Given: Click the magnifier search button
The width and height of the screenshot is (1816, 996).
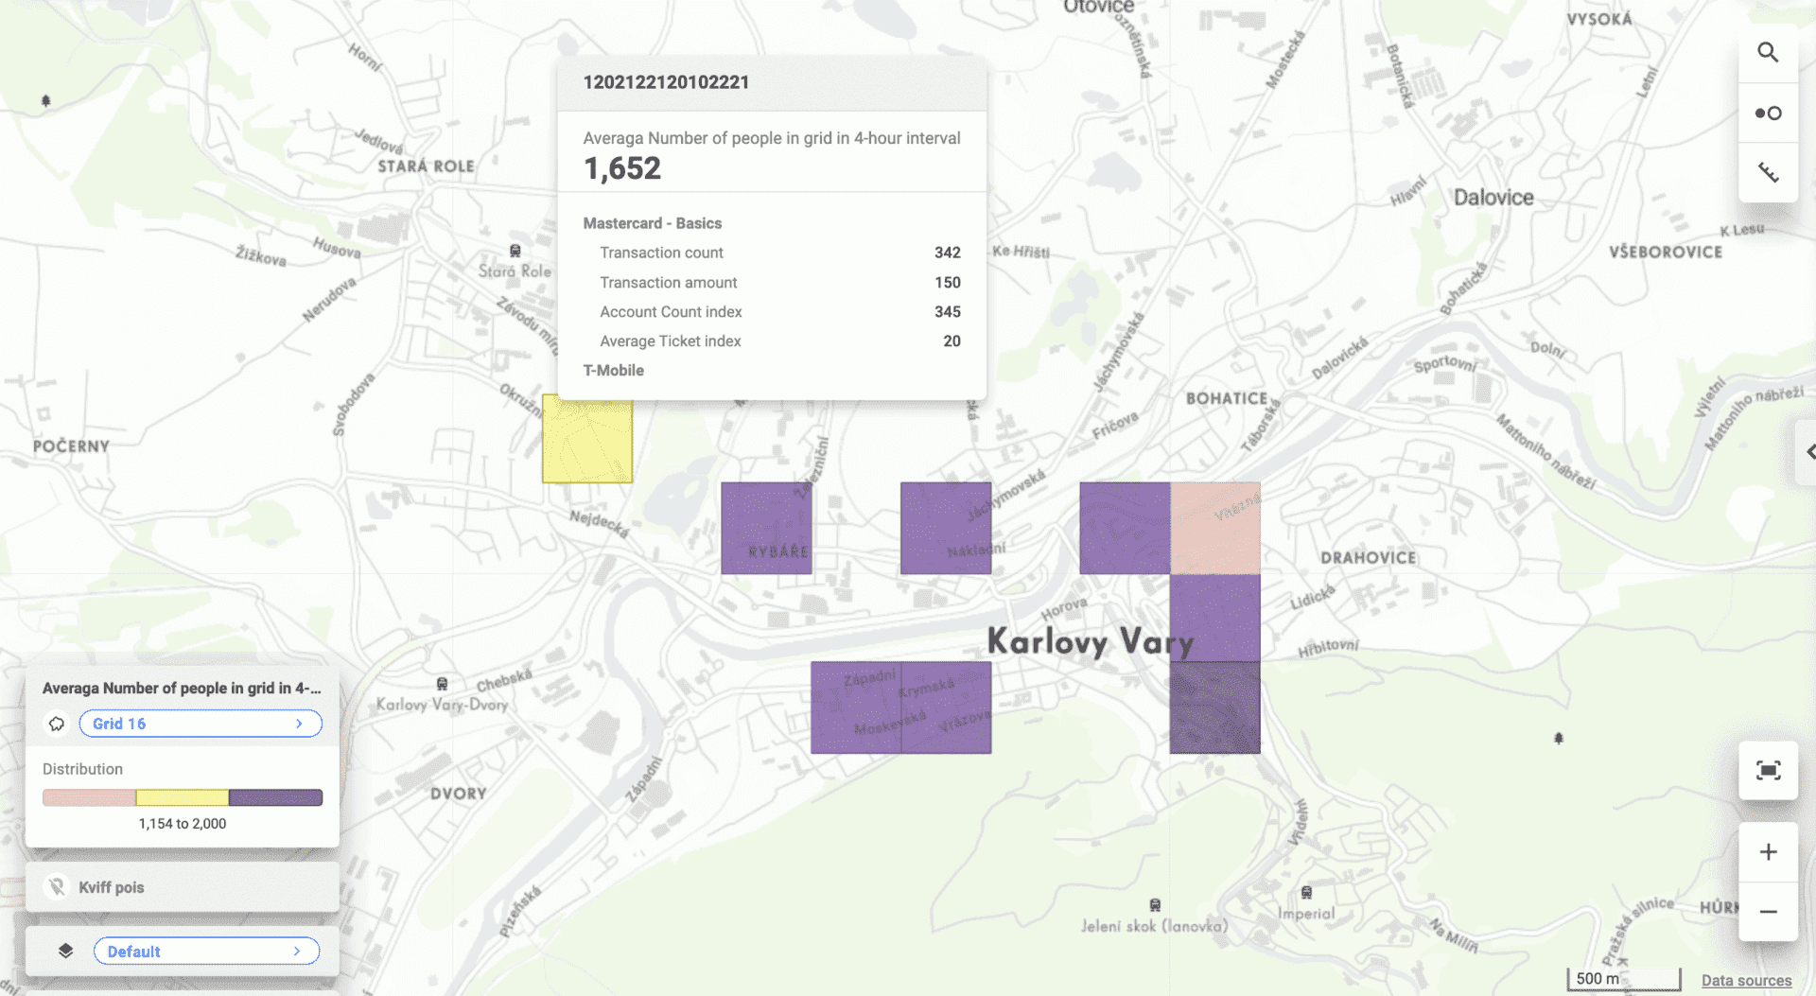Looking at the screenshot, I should point(1768,53).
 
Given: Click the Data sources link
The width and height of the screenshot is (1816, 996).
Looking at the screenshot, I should point(1746,980).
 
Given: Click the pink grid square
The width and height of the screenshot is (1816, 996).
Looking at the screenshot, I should point(1215,528).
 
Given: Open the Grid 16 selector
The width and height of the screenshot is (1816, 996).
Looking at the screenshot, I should point(201,724).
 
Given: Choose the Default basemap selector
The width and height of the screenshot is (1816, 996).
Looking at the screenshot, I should point(206,952).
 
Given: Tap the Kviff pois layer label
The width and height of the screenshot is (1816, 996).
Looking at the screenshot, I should point(112,887).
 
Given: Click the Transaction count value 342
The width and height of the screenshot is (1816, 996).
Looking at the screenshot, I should point(947,253).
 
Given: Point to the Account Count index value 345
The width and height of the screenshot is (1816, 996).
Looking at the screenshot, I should point(947,312).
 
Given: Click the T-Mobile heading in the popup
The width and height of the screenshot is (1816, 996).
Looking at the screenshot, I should point(613,371).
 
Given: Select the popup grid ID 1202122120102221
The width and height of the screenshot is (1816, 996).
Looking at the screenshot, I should point(666,82).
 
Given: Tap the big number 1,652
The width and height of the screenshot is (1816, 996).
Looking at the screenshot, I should point(622,168).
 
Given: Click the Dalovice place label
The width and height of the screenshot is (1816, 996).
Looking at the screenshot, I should point(1493,198).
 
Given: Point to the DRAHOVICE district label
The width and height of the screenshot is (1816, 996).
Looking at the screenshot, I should point(1368,558).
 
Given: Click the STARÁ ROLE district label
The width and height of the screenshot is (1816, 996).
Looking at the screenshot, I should point(426,166).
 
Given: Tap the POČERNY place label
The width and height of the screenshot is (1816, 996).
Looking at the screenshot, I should point(71,446).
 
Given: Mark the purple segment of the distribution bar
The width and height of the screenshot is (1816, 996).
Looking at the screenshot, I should point(275,797).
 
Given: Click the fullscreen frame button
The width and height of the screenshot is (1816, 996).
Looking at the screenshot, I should point(1768,771).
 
